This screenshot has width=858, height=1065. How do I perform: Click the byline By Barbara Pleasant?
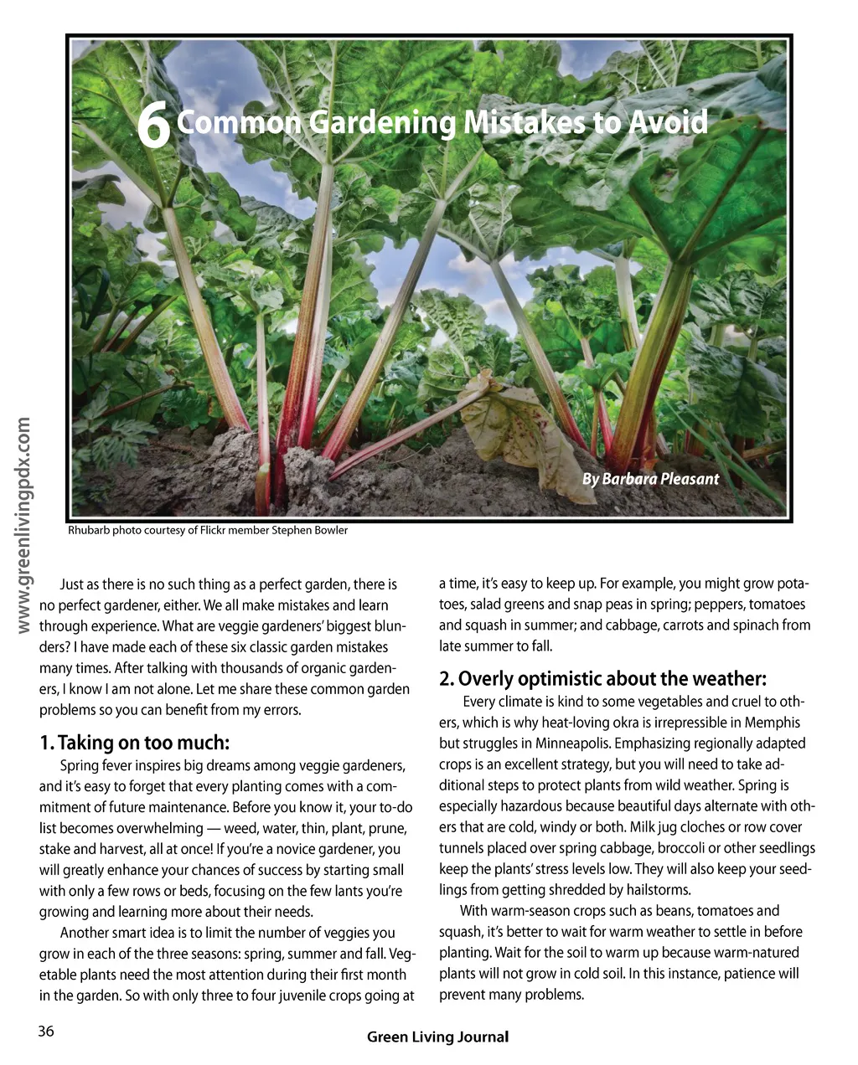[x=650, y=479]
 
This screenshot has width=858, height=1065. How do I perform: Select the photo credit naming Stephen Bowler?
[x=208, y=530]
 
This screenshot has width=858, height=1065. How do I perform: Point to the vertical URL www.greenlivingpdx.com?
[x=23, y=526]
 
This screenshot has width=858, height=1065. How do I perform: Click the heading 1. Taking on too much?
[x=134, y=743]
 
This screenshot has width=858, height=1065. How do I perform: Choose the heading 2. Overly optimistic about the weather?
[x=602, y=678]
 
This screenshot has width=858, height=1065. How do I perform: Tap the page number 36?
[x=45, y=1032]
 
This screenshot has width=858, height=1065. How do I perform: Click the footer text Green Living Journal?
[x=437, y=1037]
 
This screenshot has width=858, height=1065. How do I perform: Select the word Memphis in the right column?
[x=773, y=723]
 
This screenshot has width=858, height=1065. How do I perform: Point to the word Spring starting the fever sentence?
[x=80, y=766]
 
